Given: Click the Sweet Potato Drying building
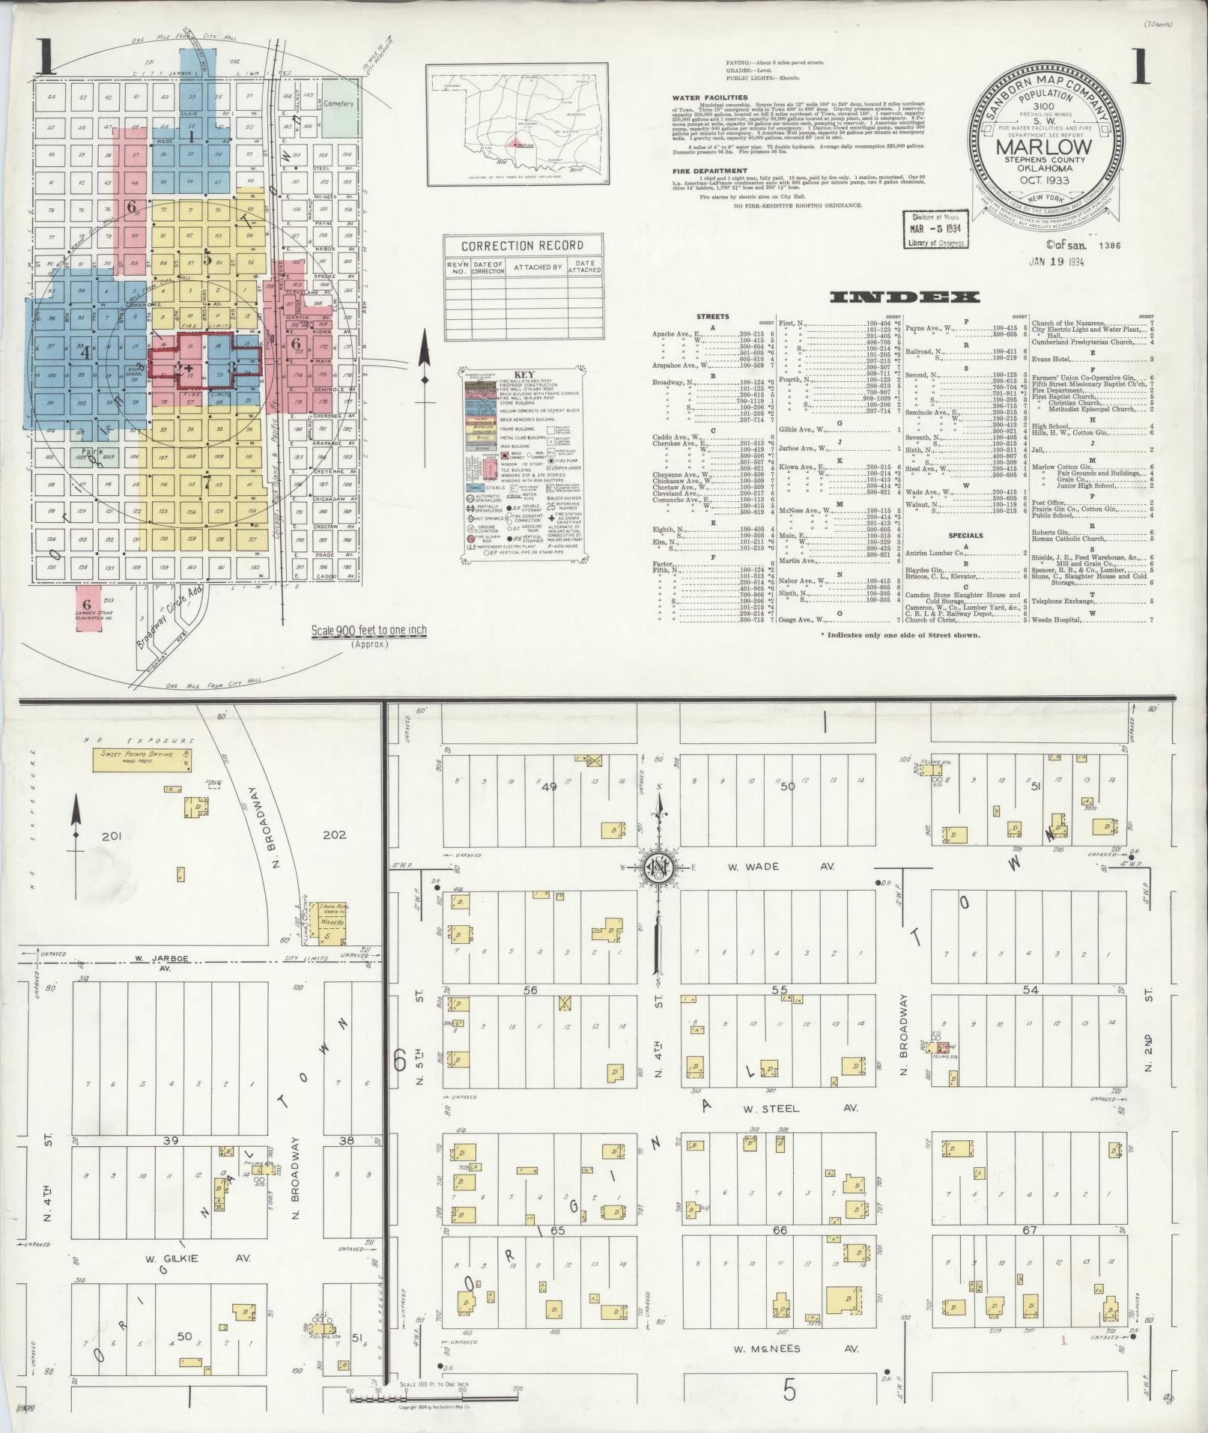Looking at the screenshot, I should point(142,759).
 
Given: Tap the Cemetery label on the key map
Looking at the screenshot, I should point(339,104).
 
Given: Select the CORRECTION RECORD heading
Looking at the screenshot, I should point(521,246).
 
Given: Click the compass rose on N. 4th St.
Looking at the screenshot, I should point(659,867).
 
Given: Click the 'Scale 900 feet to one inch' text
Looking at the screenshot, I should point(369,630).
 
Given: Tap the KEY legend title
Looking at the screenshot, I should point(523,375).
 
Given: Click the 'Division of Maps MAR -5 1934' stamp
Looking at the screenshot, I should point(935,229).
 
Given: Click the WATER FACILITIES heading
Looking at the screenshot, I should point(709,97).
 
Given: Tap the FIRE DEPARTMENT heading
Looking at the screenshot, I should point(709,171).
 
